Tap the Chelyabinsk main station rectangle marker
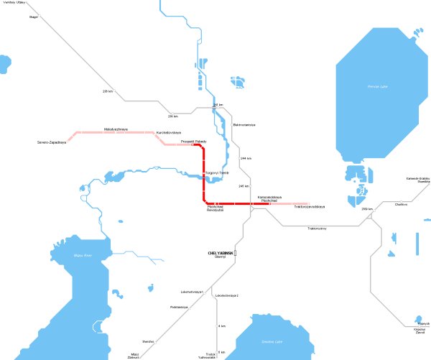pyautogui.click(x=235, y=254)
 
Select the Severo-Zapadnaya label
pyautogui.click(x=52, y=142)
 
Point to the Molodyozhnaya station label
pyautogui.click(x=116, y=129)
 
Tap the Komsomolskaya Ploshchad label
pyautogui.click(x=269, y=198)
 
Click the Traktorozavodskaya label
pyautogui.click(x=310, y=208)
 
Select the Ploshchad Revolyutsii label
pyautogui.click(x=216, y=209)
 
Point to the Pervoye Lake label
pyautogui.click(x=367, y=87)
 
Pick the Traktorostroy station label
pyautogui.click(x=317, y=229)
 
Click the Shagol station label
pyautogui.click(x=34, y=16)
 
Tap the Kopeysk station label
pyautogui.click(x=423, y=324)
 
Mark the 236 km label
pyautogui.click(x=108, y=91)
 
